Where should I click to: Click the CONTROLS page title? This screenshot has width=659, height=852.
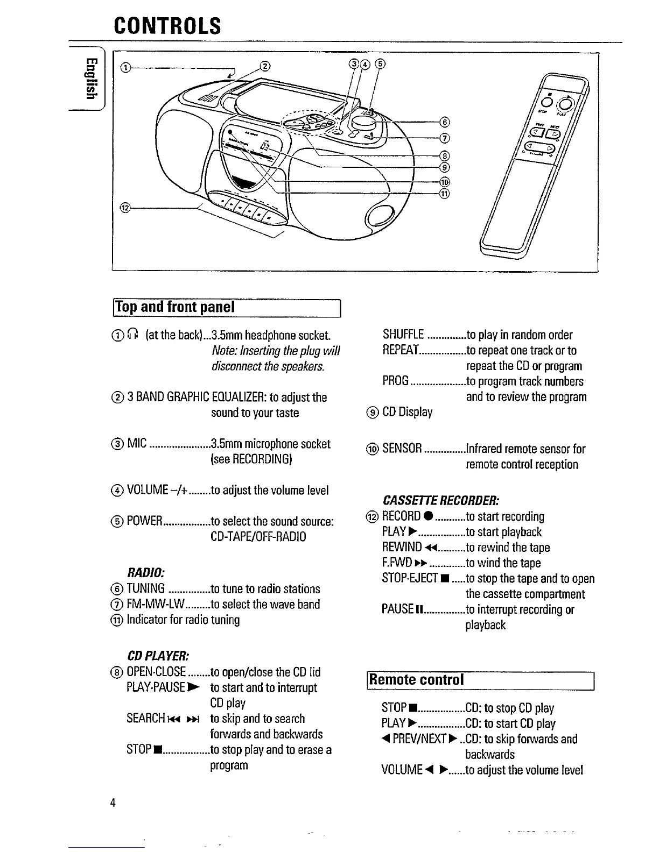click(167, 25)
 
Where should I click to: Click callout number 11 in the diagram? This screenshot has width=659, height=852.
click(444, 193)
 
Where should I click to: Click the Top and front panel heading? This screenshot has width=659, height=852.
click(175, 307)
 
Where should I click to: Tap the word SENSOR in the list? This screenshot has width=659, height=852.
click(402, 449)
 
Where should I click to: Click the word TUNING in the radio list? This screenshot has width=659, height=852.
click(145, 589)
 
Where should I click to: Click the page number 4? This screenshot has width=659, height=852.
click(113, 803)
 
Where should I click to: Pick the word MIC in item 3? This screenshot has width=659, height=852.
click(137, 444)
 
